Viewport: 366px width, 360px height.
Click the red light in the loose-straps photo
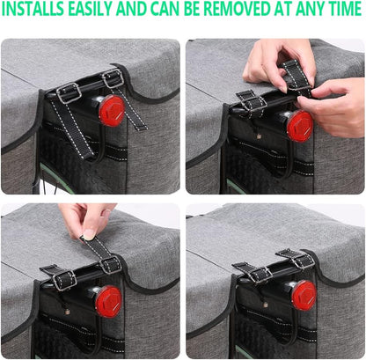point(111,111)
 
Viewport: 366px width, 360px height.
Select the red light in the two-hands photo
point(299,125)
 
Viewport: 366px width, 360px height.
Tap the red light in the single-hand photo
point(108,298)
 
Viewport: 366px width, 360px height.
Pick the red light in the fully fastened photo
point(303,293)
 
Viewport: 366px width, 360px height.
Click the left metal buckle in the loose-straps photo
point(69,92)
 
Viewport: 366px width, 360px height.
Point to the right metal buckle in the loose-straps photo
point(112,78)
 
